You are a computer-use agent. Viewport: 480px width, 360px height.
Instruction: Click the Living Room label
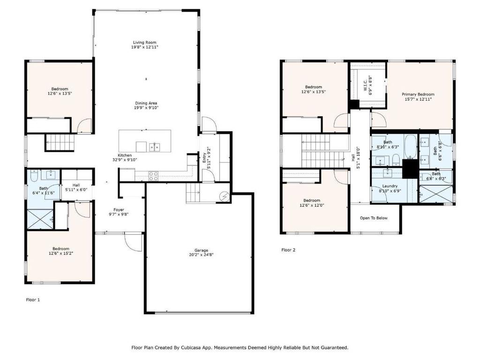(x=144, y=43)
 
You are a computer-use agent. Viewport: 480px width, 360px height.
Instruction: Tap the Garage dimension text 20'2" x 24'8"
(x=201, y=255)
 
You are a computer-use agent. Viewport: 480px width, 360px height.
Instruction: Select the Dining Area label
(x=146, y=103)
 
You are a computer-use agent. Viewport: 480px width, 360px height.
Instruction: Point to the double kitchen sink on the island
(x=155, y=147)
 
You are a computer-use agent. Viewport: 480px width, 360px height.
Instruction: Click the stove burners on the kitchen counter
(x=154, y=175)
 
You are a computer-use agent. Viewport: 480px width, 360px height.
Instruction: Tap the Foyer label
(x=119, y=210)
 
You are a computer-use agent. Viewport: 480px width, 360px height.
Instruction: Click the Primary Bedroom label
(x=418, y=94)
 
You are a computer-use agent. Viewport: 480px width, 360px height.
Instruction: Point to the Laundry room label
(x=390, y=186)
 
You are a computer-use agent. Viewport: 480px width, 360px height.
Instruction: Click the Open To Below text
(x=374, y=218)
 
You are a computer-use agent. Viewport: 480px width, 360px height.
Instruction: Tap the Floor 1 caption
(x=33, y=300)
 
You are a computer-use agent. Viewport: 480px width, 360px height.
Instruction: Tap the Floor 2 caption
(x=288, y=250)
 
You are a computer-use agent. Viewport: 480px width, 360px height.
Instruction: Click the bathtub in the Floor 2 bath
(x=410, y=147)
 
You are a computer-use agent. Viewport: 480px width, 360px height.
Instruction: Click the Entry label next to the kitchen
(x=204, y=158)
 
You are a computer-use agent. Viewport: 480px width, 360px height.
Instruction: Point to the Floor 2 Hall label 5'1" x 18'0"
(x=355, y=157)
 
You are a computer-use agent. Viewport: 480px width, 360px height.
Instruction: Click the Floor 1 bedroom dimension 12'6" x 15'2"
(x=61, y=254)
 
